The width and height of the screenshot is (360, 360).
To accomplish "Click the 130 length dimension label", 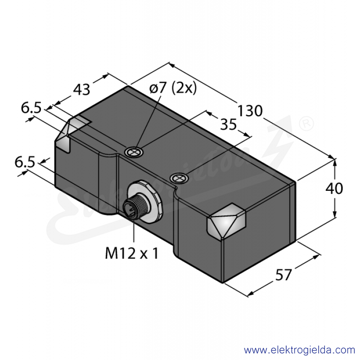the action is [x=250, y=111].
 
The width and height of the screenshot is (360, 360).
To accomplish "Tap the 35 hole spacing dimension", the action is [x=229, y=125].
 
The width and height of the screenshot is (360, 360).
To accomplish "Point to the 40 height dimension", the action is [x=334, y=188].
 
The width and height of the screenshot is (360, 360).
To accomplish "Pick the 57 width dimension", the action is [x=283, y=274].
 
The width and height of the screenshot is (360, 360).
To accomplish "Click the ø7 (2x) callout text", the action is [x=173, y=88].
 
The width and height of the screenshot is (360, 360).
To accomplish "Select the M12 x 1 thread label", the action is [x=132, y=254].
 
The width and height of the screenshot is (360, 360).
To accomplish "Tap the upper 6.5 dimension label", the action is [x=31, y=108].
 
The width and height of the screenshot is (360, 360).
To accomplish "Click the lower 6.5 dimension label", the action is [x=25, y=162].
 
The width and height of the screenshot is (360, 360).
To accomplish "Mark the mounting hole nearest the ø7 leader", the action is [x=133, y=152].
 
